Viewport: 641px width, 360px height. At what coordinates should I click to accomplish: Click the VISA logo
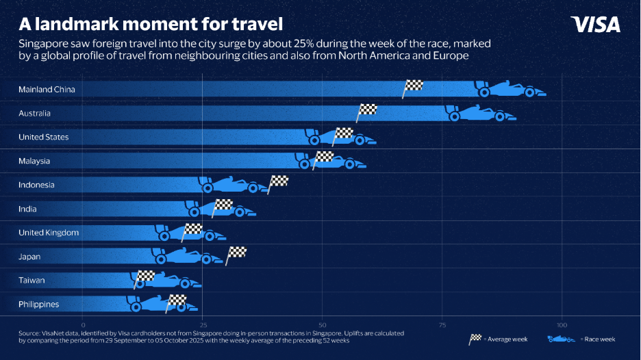[595, 25]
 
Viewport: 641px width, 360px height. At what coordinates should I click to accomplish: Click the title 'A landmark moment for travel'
[151, 24]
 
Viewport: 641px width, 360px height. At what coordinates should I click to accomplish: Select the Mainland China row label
[47, 89]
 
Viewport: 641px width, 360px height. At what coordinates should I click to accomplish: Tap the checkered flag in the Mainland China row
[414, 86]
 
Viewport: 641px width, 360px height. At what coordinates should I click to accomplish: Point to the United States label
[44, 137]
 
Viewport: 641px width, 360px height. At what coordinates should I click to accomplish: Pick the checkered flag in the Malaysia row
[323, 157]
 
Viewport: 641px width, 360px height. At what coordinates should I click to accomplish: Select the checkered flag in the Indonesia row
[279, 182]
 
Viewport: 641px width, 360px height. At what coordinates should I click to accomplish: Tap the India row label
[28, 209]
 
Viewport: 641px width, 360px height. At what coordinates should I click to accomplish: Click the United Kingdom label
[49, 233]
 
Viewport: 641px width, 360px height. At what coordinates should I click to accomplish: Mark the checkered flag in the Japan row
[237, 253]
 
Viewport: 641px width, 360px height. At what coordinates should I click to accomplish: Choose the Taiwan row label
[32, 281]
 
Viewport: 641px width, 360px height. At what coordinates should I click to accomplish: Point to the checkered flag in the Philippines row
[177, 300]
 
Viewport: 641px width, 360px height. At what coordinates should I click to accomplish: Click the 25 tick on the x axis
[203, 324]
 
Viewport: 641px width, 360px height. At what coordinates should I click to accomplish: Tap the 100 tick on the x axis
[562, 324]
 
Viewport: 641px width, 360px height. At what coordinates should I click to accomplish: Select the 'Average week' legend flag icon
[475, 339]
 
